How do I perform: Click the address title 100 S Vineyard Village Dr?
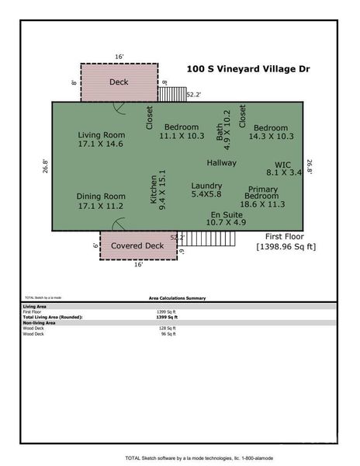pos(247,69)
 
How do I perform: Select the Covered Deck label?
pos(137,245)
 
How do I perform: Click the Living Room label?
pos(101,135)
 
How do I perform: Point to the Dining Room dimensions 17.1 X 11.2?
pos(101,207)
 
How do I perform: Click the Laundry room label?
pos(206,186)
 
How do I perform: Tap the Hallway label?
pos(221,163)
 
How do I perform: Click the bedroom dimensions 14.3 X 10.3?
pos(271,137)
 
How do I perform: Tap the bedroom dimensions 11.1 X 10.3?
pos(182,136)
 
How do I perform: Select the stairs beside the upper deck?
pos(172,93)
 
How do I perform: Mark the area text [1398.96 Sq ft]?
pos(286,246)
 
